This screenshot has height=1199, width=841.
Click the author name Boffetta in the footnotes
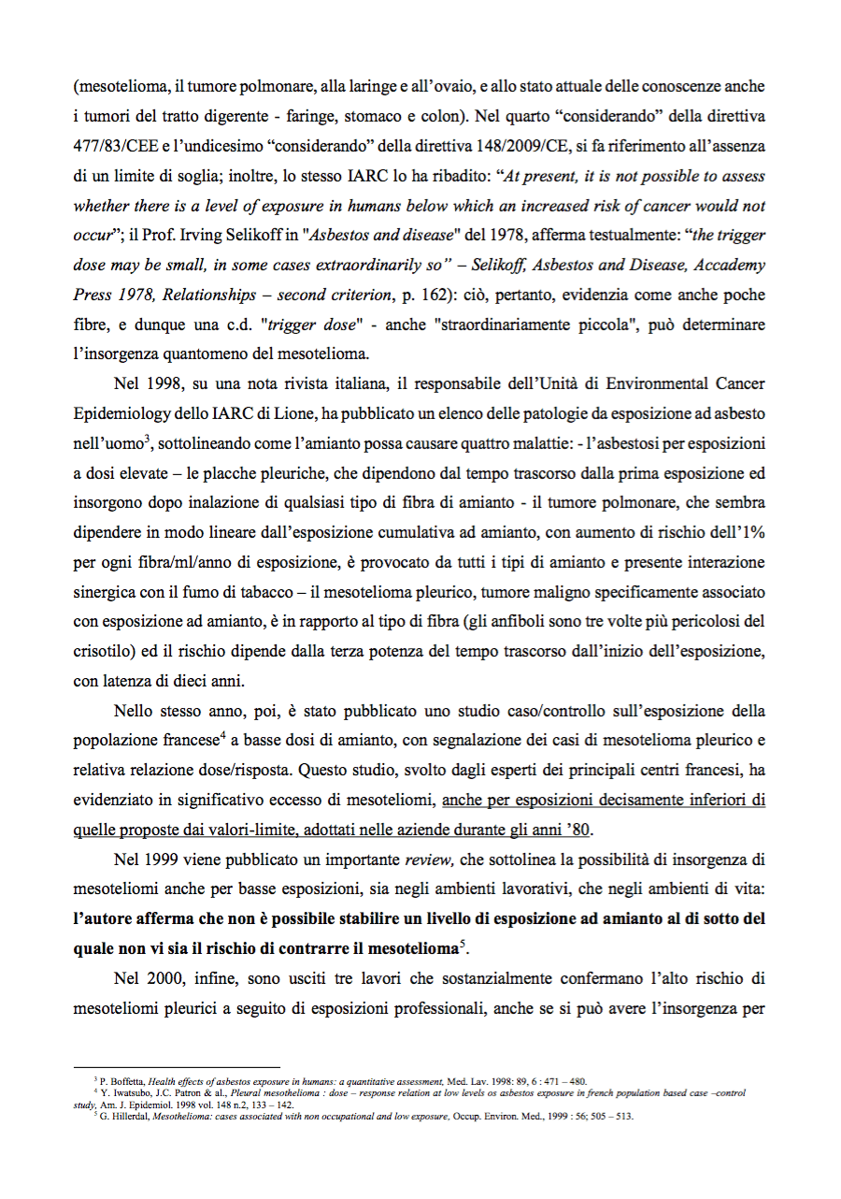tap(129, 1081)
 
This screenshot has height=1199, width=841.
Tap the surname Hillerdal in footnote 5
tap(125, 1116)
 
